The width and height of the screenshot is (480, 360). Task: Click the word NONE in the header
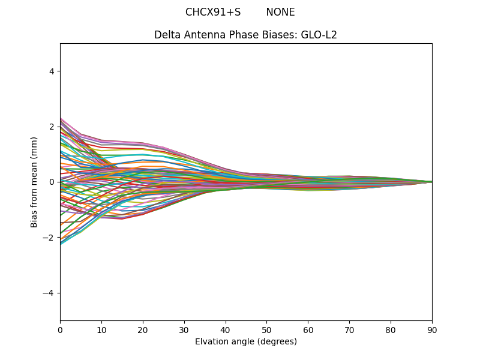(x=280, y=13)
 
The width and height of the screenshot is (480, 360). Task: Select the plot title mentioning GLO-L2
(x=245, y=35)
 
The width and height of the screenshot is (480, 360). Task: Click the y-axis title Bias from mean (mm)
(x=35, y=182)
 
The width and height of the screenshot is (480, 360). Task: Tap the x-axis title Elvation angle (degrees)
(x=245, y=342)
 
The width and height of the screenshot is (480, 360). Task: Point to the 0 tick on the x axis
(x=60, y=329)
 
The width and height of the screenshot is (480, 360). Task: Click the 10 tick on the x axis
(x=101, y=329)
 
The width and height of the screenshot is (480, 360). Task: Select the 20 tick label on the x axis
(x=143, y=329)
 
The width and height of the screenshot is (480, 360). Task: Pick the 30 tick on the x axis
(x=184, y=329)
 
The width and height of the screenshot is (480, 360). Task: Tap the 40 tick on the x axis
(x=226, y=329)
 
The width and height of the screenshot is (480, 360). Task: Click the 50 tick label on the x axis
(x=266, y=329)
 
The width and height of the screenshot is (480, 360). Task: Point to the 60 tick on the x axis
(x=308, y=329)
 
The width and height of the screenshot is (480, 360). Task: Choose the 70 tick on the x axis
(x=349, y=329)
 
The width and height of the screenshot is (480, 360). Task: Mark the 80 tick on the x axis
(x=391, y=329)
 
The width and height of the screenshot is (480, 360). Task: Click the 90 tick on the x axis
(x=432, y=329)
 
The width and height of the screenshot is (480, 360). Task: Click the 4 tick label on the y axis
(x=52, y=71)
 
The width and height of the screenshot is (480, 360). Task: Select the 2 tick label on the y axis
(x=52, y=127)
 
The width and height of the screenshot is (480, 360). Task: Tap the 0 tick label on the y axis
(x=52, y=182)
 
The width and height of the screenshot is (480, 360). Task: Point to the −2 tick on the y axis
(x=49, y=238)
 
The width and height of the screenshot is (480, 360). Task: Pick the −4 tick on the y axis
(x=49, y=293)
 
